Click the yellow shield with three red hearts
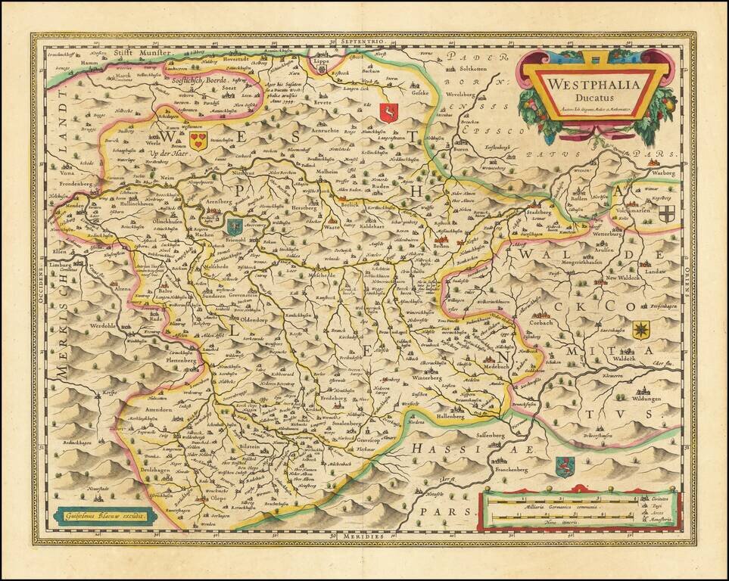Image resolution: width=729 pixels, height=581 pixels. tap(198, 140)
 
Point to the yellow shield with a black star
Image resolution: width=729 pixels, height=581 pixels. tap(640, 329)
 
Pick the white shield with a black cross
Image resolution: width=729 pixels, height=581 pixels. tap(665, 214)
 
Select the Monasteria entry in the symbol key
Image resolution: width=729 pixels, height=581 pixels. tap(659, 523)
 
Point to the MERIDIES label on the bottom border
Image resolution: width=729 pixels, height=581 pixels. tap(363, 536)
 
